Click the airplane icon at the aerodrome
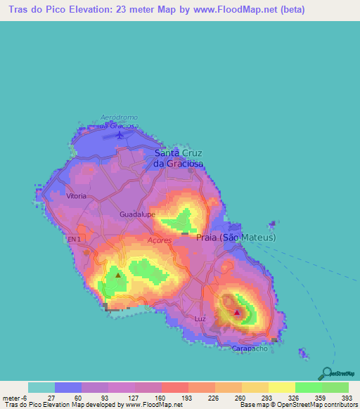click(120, 134)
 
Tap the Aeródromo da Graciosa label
click(118, 120)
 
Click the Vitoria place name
click(76, 197)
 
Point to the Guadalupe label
click(137, 214)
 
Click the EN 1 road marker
click(75, 240)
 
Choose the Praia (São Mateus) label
click(236, 238)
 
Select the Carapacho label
click(250, 348)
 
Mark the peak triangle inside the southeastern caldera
click(237, 312)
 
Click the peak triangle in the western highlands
click(117, 275)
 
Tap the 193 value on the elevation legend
click(174, 397)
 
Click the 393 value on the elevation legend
click(347, 397)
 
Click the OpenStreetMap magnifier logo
click(326, 374)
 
